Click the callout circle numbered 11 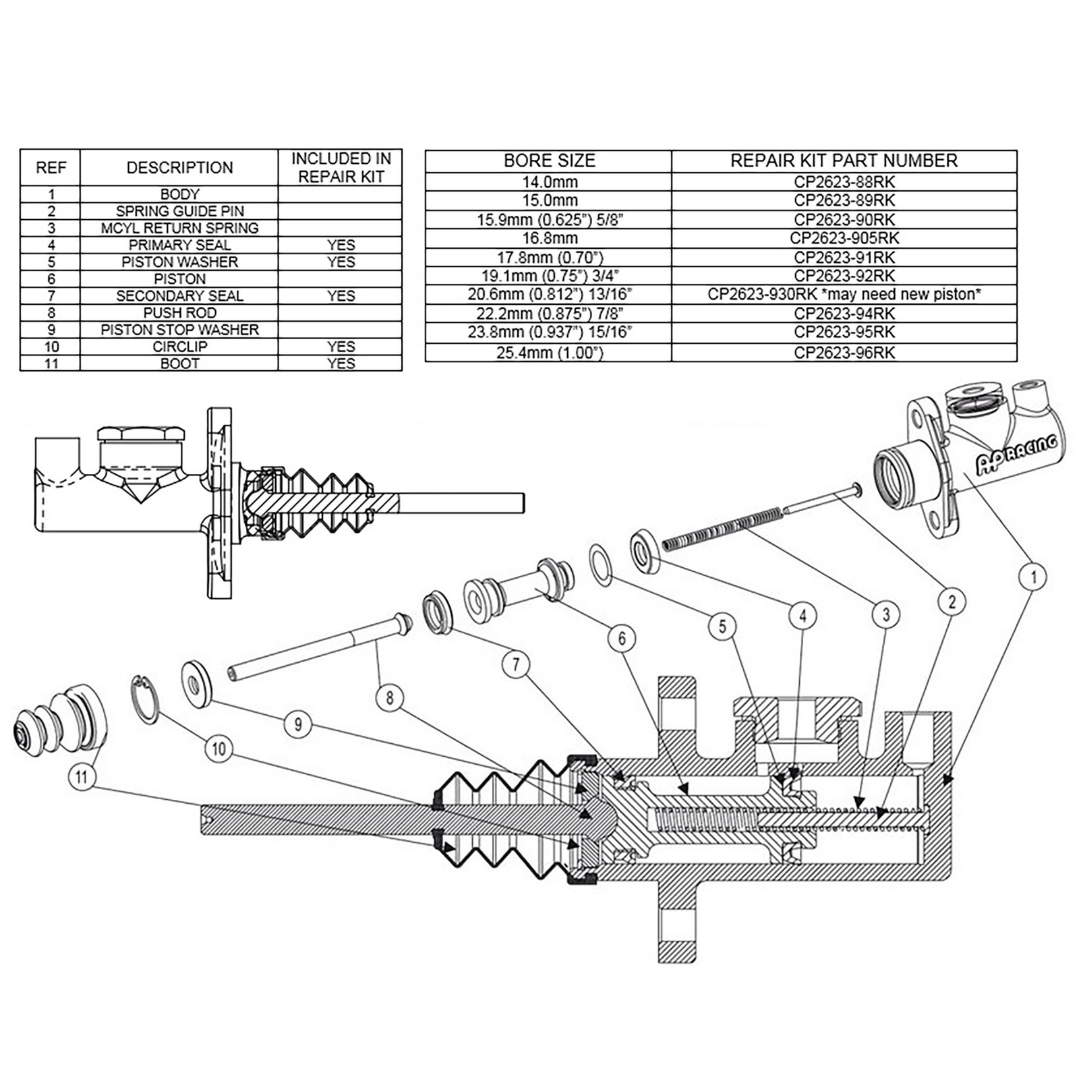point(82,777)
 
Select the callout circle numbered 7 point(516,665)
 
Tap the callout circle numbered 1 point(1032,577)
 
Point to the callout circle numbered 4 point(803,615)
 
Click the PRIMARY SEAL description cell point(179,245)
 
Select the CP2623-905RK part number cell point(844,238)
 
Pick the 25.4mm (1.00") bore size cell point(549,353)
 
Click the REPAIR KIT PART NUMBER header point(844,161)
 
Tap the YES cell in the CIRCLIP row point(341,347)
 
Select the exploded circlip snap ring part point(145,699)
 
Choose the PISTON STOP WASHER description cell point(179,330)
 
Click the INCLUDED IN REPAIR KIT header point(341,167)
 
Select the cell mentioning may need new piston point(844,294)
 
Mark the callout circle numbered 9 point(297,724)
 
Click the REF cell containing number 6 point(51,279)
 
